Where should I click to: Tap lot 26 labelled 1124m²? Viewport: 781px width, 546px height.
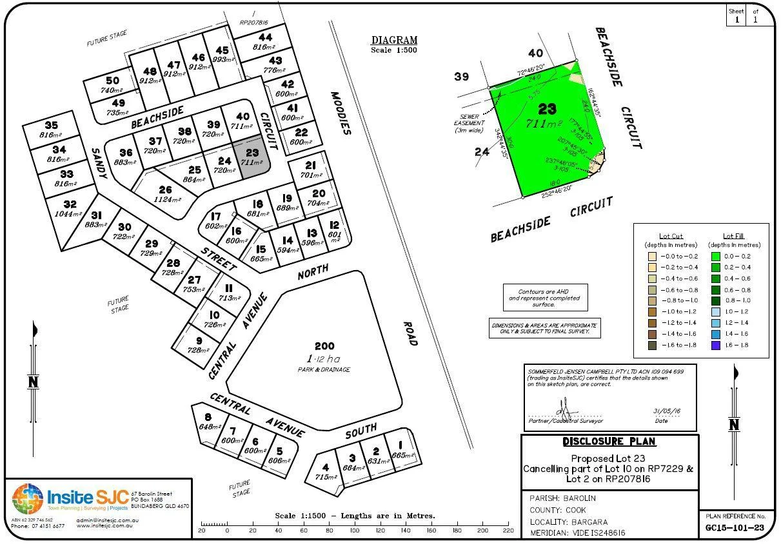pyautogui.click(x=165, y=194)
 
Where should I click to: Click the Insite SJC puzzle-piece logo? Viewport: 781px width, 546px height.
pyautogui.click(x=28, y=500)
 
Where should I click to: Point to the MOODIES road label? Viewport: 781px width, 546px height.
pyautogui.click(x=340, y=113)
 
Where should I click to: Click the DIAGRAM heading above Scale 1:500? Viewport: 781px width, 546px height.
pyautogui.click(x=394, y=40)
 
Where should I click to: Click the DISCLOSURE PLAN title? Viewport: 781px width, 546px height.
pyautogui.click(x=609, y=442)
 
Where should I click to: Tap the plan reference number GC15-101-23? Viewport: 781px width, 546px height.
pyautogui.click(x=735, y=528)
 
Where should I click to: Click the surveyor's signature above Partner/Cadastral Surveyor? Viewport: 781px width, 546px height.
pyautogui.click(x=562, y=407)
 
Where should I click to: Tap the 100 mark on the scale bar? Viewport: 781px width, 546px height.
pyautogui.click(x=355, y=531)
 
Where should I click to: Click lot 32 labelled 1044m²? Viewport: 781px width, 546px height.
pyautogui.click(x=69, y=209)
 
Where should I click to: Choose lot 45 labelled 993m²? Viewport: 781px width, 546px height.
pyautogui.click(x=222, y=54)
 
